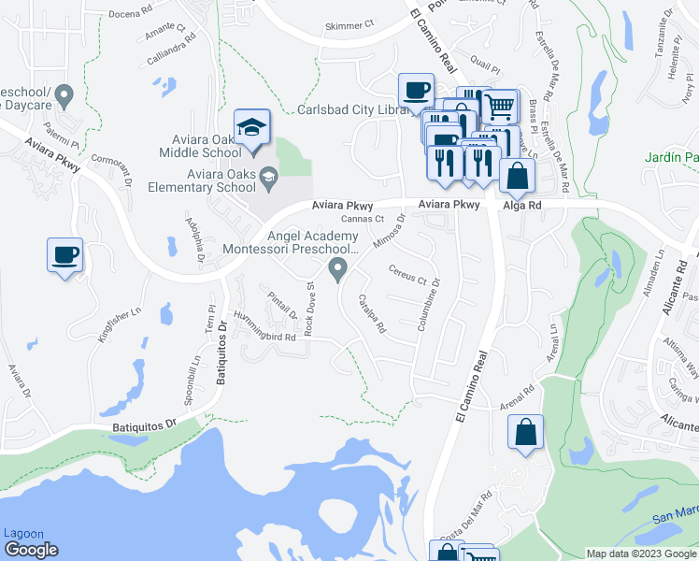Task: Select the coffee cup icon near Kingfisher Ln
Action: point(64,255)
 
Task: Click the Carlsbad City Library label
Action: point(353,109)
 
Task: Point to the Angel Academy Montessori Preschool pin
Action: point(337,271)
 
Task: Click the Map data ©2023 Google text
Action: point(640,554)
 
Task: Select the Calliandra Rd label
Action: point(171,52)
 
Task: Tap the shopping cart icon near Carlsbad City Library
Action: point(501,107)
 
